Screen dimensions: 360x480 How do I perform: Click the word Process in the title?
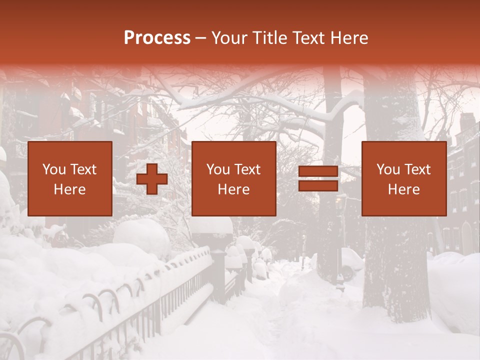(157, 38)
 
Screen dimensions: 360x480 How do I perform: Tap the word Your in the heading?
(229, 38)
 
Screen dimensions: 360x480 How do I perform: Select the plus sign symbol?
(152, 179)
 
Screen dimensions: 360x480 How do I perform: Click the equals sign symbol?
(318, 179)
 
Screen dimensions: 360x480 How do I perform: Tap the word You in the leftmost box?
(54, 169)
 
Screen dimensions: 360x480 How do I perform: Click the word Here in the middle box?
(234, 189)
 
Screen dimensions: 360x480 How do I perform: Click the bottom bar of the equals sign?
(318, 186)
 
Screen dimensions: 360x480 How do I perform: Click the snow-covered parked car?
(351, 262)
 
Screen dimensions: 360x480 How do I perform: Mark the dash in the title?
(201, 38)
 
